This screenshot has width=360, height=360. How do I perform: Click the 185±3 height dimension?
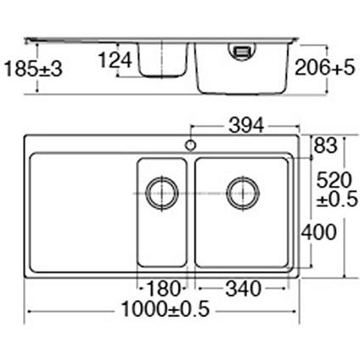tap(33, 69)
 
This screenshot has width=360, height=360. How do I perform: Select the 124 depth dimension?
tap(115, 60)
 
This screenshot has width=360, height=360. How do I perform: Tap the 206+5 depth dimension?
tap(324, 68)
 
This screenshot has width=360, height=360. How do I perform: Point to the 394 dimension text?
tap(246, 126)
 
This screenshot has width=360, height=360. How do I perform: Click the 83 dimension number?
tap(326, 145)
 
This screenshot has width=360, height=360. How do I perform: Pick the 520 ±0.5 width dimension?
tap(337, 189)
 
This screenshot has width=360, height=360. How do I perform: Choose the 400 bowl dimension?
tap(318, 232)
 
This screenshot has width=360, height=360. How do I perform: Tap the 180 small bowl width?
tap(164, 289)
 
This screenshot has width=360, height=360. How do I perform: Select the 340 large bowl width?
tap(243, 289)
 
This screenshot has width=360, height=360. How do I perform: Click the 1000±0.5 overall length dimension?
tap(166, 309)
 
